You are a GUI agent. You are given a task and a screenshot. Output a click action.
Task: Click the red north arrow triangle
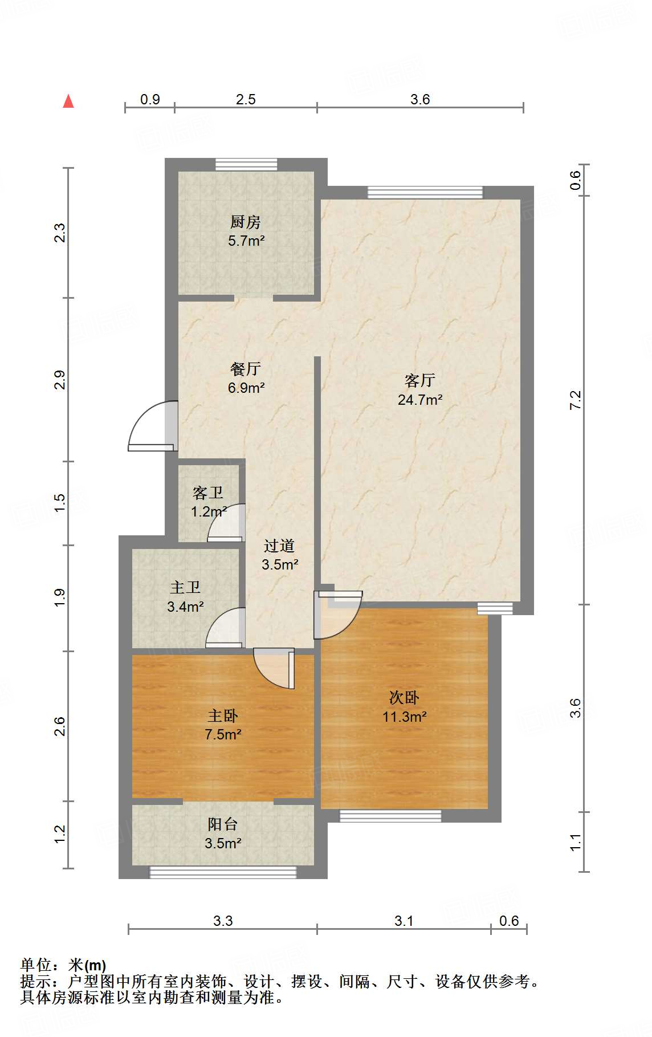coord(68,101)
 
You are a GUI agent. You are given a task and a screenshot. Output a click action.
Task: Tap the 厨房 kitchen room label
coord(246,221)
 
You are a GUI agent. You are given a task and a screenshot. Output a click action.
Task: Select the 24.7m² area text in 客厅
coord(420,400)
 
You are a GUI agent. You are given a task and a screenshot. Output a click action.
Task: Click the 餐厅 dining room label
coord(246,368)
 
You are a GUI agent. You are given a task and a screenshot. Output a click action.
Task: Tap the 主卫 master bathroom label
coord(185,587)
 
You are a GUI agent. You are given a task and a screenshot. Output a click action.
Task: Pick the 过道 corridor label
coord(279,546)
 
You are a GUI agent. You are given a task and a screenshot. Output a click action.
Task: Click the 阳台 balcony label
coord(223,824)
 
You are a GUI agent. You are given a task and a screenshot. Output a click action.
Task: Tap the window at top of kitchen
coord(246,165)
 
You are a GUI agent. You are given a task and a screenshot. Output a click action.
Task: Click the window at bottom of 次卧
coord(390,816)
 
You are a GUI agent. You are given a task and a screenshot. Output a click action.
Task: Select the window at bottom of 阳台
coord(223,872)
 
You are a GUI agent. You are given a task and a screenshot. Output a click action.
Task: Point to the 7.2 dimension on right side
coord(576,400)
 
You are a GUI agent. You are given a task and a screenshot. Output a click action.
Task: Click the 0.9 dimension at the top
coord(150,99)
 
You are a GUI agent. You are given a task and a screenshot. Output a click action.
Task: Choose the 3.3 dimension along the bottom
coord(223,920)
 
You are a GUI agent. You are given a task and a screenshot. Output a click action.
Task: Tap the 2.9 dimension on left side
coord(60,380)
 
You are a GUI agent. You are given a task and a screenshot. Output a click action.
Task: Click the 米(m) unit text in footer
coord(87,965)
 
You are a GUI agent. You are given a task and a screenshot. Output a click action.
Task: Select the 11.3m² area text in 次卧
coord(405,717)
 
